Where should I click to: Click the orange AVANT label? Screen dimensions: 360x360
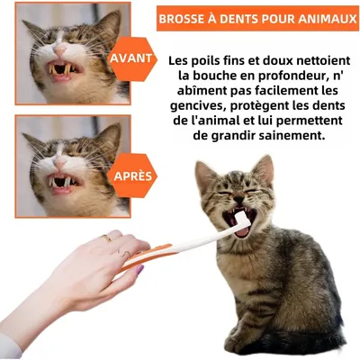(x=130, y=58)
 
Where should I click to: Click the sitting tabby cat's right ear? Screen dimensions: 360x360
(x=263, y=168)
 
